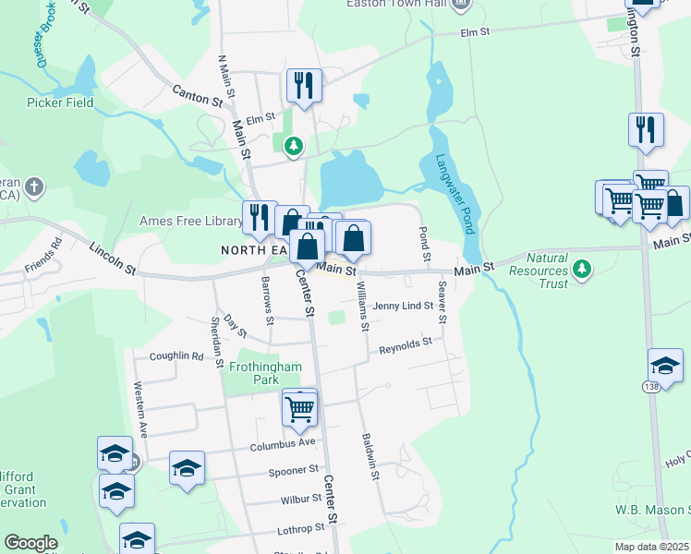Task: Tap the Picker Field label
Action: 61,102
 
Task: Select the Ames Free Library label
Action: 190,221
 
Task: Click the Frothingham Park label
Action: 266,373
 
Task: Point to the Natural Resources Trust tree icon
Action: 581,270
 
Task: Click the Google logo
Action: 30,543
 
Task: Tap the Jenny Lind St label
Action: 403,306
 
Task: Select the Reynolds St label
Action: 406,346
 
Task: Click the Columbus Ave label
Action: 283,444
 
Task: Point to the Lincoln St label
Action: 113,259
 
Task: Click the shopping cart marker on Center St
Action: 300,407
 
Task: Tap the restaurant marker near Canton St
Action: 304,86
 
